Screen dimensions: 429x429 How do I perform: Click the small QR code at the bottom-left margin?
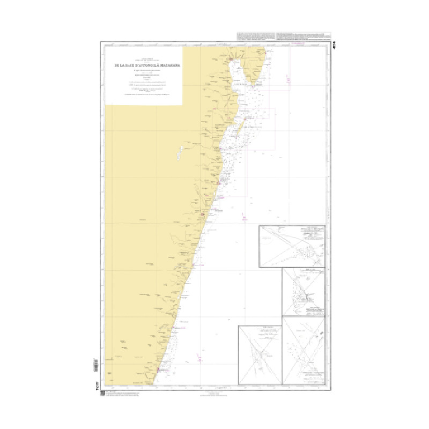[x=102, y=393]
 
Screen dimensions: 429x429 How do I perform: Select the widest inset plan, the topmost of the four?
[x=292, y=246]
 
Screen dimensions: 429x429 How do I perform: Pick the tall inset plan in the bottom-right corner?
[x=304, y=351]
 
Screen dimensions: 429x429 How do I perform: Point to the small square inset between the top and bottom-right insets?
[x=304, y=292]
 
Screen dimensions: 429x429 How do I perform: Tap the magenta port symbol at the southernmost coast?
[x=159, y=369]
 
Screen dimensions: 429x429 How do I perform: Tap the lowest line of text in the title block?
[x=143, y=95]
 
